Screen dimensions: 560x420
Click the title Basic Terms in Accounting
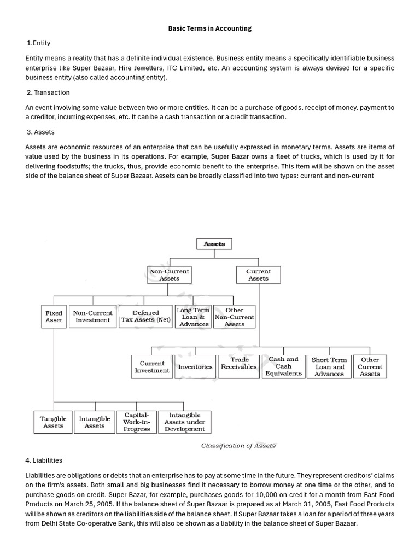tap(210, 28)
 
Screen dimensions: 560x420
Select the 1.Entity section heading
tap(38, 43)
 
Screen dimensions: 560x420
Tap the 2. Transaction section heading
tap(48, 92)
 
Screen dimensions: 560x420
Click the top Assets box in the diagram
tap(214, 244)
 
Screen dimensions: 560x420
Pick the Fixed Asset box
tap(54, 317)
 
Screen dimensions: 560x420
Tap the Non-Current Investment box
tap(92, 317)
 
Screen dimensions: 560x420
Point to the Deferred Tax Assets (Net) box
tap(146, 317)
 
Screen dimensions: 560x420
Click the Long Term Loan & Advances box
tap(193, 317)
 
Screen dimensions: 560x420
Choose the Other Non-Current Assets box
tap(234, 317)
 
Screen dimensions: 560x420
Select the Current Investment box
tap(152, 367)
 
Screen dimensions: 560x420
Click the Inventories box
tap(195, 367)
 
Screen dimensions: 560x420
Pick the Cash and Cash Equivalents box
tap(283, 366)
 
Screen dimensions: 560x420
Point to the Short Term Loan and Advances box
tap(329, 367)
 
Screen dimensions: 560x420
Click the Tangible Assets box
tap(53, 422)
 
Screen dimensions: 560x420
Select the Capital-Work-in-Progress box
tap(137, 422)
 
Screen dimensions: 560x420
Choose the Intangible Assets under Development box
tap(185, 422)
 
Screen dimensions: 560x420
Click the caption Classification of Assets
tap(238, 446)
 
